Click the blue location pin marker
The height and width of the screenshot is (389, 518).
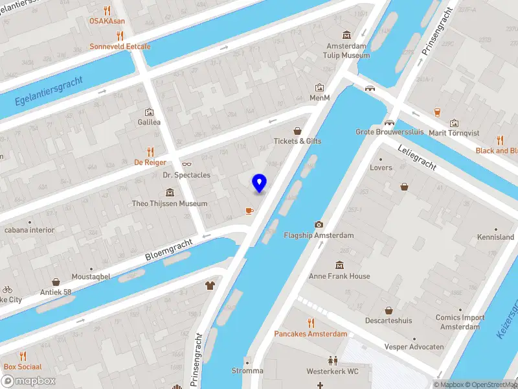(x=259, y=183)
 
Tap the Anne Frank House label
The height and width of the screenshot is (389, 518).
(x=340, y=276)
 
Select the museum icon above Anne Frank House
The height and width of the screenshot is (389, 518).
(x=339, y=265)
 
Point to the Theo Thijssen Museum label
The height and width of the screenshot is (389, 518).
(x=169, y=204)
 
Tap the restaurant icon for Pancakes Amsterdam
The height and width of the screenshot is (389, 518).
(x=311, y=322)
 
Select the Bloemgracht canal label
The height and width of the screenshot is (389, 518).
(x=169, y=249)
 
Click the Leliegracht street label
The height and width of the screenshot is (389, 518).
(x=418, y=157)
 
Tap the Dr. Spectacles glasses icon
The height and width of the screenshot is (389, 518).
(x=186, y=164)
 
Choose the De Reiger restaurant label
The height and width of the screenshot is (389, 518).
(x=150, y=163)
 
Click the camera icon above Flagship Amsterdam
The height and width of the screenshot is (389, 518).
(x=319, y=224)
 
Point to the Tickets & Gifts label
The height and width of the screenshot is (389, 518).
(x=297, y=141)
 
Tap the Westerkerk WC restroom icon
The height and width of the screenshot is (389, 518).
(x=332, y=360)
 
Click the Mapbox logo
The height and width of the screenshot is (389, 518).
(x=28, y=381)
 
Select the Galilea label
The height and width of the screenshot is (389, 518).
(x=149, y=122)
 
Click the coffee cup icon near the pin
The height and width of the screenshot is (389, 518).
(x=249, y=211)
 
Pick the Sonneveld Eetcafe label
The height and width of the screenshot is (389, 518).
(x=120, y=47)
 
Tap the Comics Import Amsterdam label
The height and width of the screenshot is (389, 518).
(x=460, y=322)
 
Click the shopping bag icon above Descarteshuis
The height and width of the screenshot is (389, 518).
(x=388, y=311)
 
